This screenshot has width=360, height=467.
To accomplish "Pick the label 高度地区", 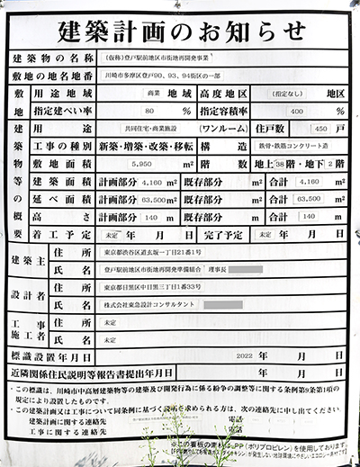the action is (219, 94).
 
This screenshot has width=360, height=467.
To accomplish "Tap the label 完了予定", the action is (219, 234).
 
